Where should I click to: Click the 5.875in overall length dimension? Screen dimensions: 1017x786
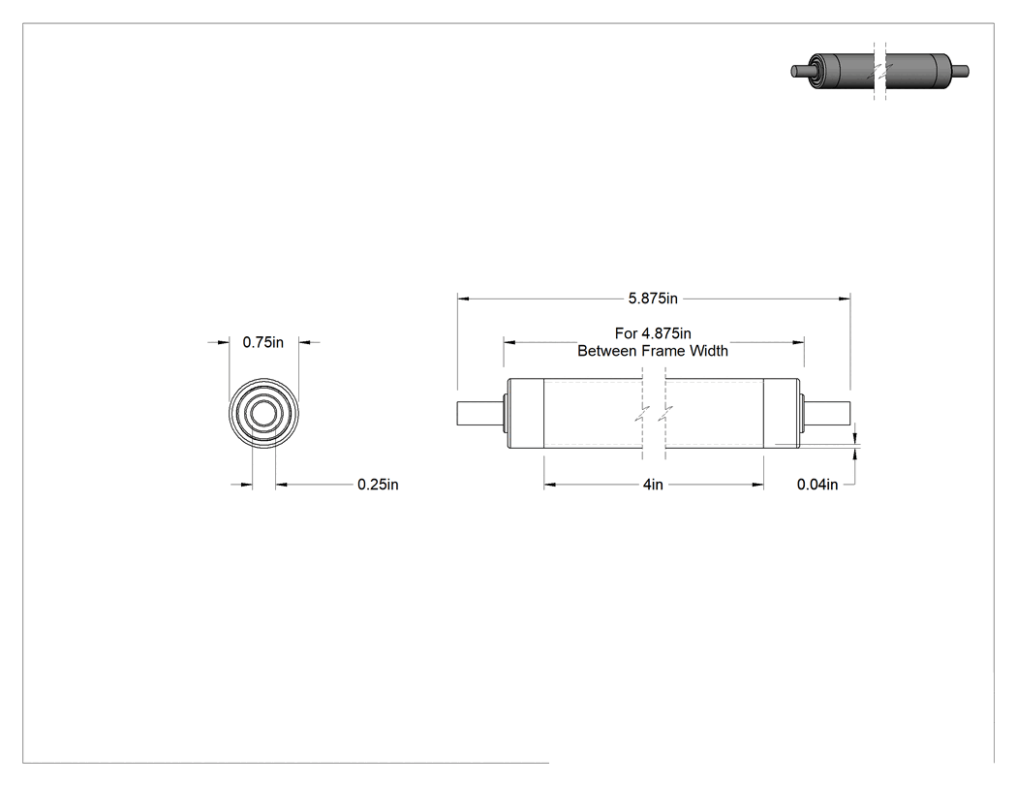pos(653,299)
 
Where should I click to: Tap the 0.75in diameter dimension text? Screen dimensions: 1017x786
pos(263,342)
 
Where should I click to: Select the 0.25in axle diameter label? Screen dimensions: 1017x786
pos(378,485)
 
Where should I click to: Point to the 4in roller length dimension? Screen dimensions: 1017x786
pos(653,485)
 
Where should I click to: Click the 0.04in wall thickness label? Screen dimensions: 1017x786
pos(817,485)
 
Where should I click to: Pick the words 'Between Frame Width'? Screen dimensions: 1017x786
pos(653,351)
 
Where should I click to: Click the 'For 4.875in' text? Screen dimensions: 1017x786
pos(653,333)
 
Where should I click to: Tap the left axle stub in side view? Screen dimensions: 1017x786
pos(480,414)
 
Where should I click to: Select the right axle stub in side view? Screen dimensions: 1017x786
pos(827,414)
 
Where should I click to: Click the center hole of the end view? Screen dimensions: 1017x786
pos(263,414)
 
